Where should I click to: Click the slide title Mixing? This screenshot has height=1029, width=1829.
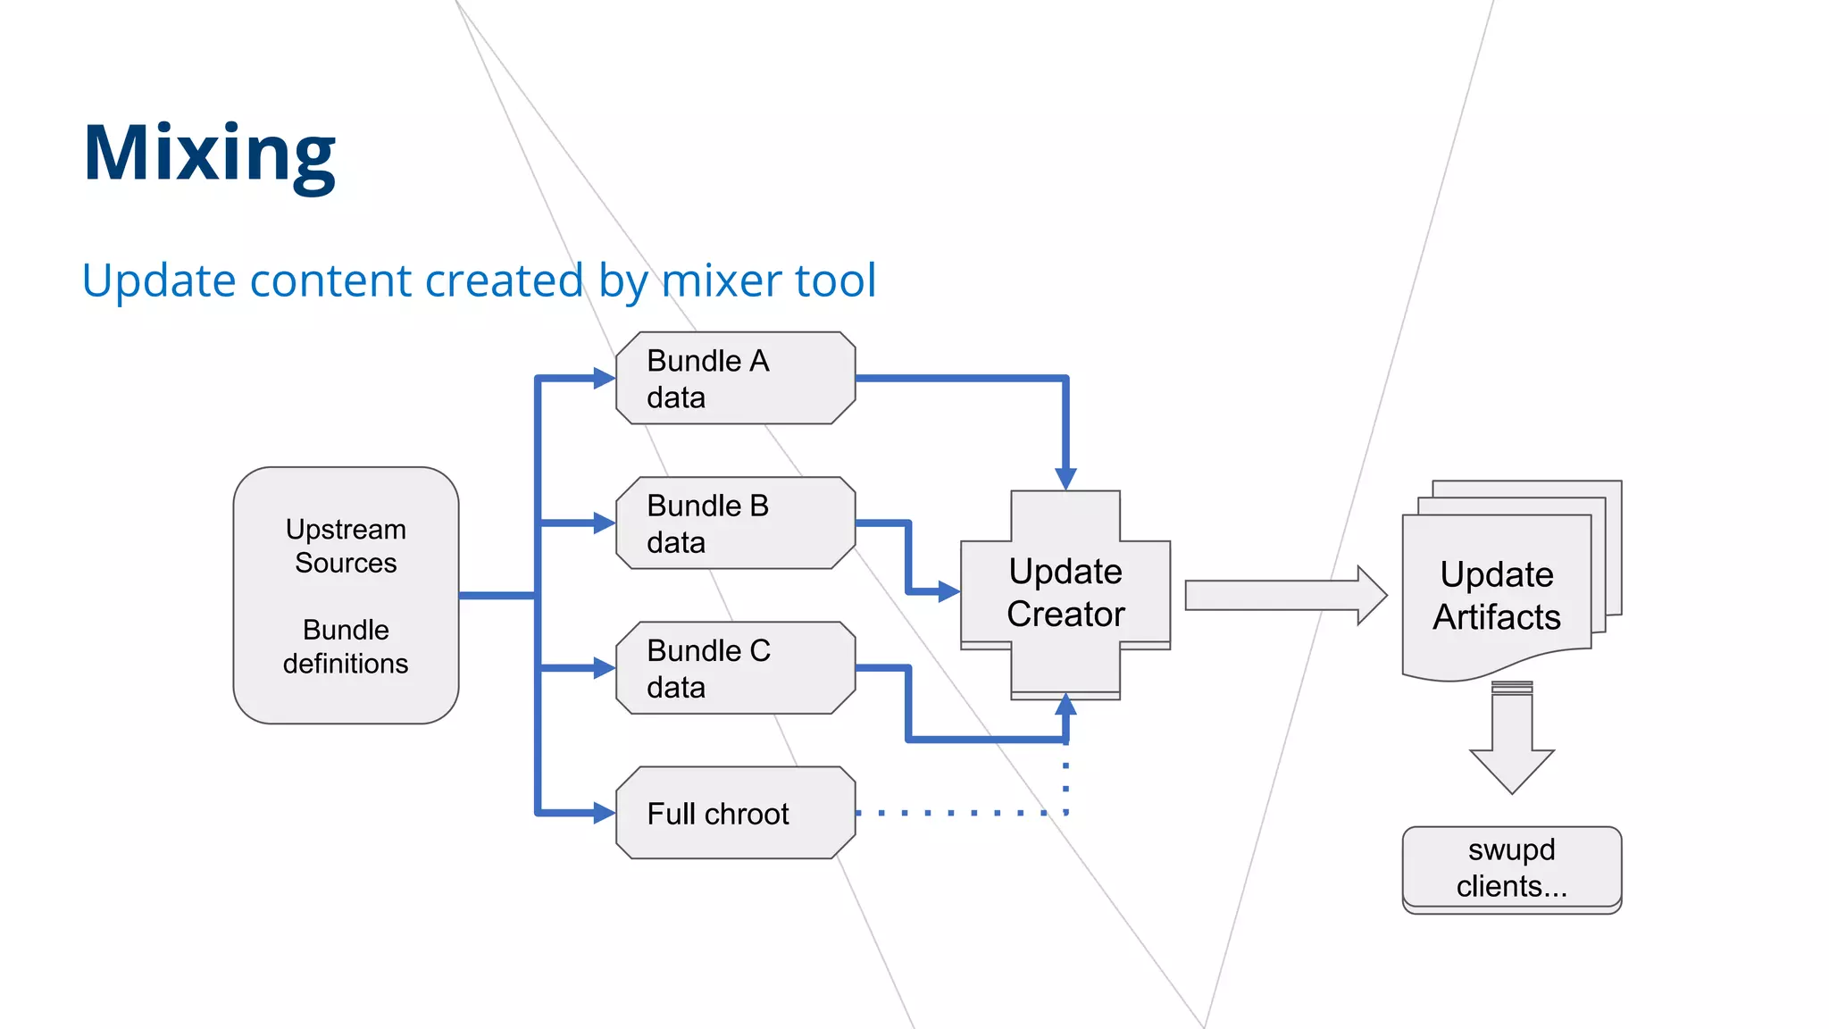[x=209, y=154]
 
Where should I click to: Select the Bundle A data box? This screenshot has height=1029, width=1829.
[x=735, y=378]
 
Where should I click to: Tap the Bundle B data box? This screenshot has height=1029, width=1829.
[x=735, y=523]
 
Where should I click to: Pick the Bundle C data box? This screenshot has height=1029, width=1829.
[x=735, y=667]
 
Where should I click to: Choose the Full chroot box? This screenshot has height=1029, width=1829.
[x=735, y=813]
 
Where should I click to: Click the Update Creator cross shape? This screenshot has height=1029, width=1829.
[x=1065, y=593]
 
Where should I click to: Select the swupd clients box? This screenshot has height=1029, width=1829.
[x=1511, y=867]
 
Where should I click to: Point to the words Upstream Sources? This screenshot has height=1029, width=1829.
[x=346, y=546]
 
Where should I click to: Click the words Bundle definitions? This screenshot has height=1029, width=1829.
[x=346, y=647]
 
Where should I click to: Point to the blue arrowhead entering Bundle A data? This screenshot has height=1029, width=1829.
[x=605, y=378]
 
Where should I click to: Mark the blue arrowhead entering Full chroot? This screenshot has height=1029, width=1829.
[x=605, y=813]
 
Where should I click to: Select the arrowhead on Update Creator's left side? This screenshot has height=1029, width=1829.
[x=948, y=591]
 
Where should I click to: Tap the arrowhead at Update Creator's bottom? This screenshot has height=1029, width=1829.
[x=1065, y=706]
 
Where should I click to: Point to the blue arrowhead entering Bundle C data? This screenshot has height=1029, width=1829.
[x=605, y=667]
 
